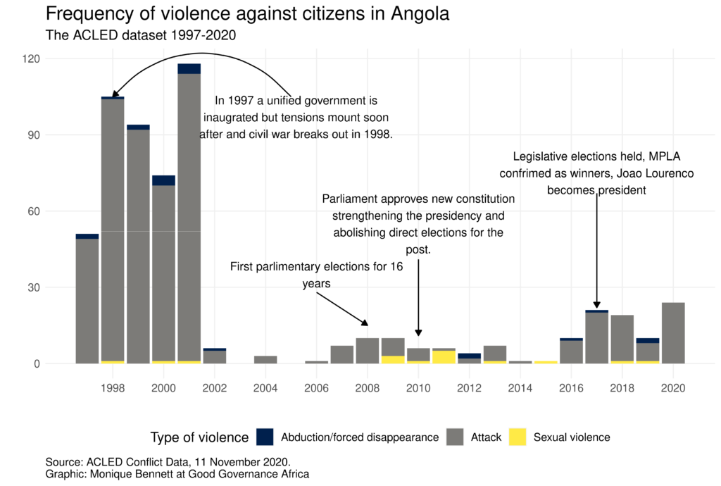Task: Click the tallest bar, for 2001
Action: click(x=189, y=218)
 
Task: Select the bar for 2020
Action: click(x=673, y=333)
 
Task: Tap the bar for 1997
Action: click(x=87, y=301)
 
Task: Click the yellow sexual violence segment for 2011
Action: click(x=444, y=356)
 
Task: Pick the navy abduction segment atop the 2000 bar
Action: click(x=163, y=180)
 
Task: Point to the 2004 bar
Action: click(x=265, y=360)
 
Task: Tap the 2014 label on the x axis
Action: click(x=520, y=388)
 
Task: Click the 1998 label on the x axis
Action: click(x=113, y=388)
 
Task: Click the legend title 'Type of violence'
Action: click(x=199, y=437)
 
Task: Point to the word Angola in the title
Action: click(x=413, y=13)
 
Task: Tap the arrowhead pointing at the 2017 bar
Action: click(x=597, y=304)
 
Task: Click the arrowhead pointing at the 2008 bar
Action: click(x=365, y=323)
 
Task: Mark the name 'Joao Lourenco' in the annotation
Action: click(x=656, y=173)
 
